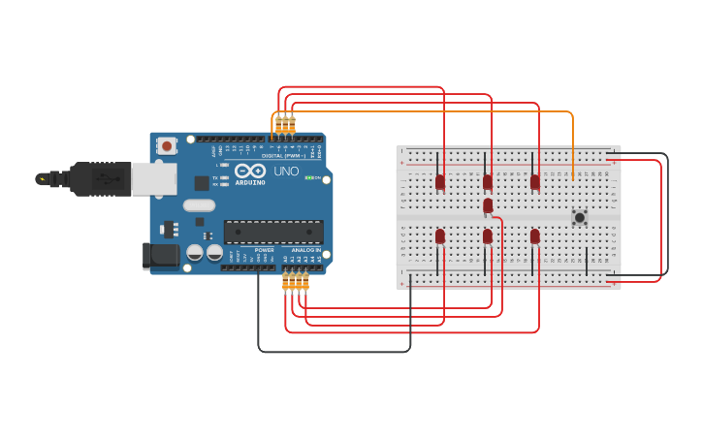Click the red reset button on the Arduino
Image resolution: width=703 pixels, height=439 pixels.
(167, 146)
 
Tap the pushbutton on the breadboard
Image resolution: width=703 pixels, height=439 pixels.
(579, 217)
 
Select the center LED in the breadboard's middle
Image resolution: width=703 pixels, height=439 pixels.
(488, 205)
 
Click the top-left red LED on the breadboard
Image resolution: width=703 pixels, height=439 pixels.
(440, 181)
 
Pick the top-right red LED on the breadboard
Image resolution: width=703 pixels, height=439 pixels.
(535, 181)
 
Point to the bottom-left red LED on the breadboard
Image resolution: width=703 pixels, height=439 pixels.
(440, 235)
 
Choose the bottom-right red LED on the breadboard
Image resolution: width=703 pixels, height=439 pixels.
(535, 235)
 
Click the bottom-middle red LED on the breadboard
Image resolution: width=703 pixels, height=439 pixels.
(488, 235)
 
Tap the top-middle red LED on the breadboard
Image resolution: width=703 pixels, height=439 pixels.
(488, 181)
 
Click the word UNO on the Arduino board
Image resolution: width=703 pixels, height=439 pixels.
(286, 172)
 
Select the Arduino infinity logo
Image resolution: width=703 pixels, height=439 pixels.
(249, 172)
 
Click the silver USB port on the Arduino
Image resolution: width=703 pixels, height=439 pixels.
(153, 178)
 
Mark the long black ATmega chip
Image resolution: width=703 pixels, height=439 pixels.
(273, 232)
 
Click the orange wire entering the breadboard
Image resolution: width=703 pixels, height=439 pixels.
(572, 145)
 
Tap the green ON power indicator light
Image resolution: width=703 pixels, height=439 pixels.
(308, 177)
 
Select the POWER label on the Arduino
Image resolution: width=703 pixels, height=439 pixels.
(264, 250)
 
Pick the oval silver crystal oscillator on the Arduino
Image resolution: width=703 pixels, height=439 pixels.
(199, 204)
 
